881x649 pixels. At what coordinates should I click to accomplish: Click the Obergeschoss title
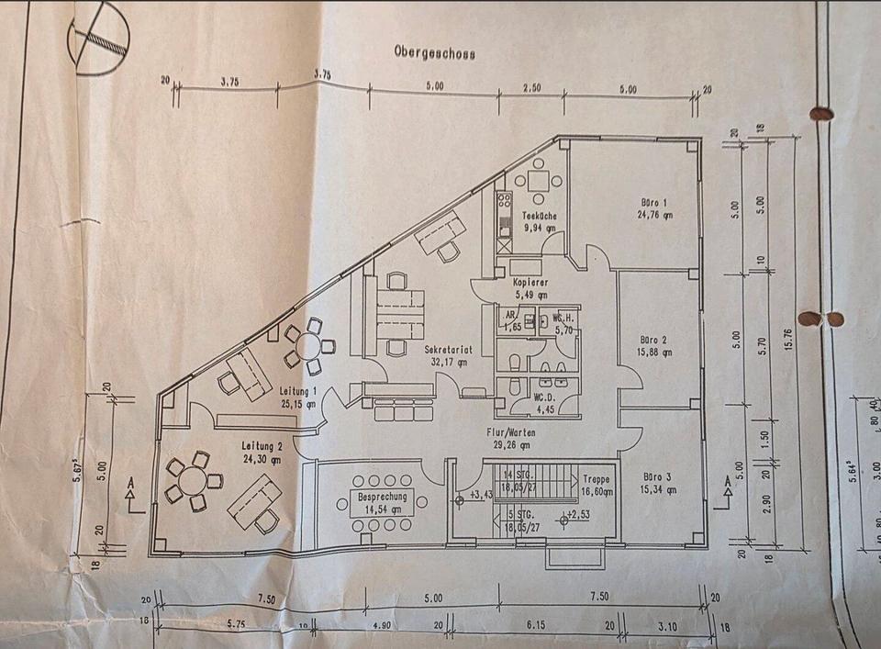click(x=434, y=53)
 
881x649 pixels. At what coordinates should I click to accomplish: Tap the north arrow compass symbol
click(x=98, y=39)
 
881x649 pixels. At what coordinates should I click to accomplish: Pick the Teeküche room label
click(x=539, y=216)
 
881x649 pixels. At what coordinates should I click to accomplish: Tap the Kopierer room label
click(x=530, y=283)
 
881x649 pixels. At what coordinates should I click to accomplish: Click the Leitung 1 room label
click(x=299, y=391)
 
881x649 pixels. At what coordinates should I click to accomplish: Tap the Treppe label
click(x=596, y=479)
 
